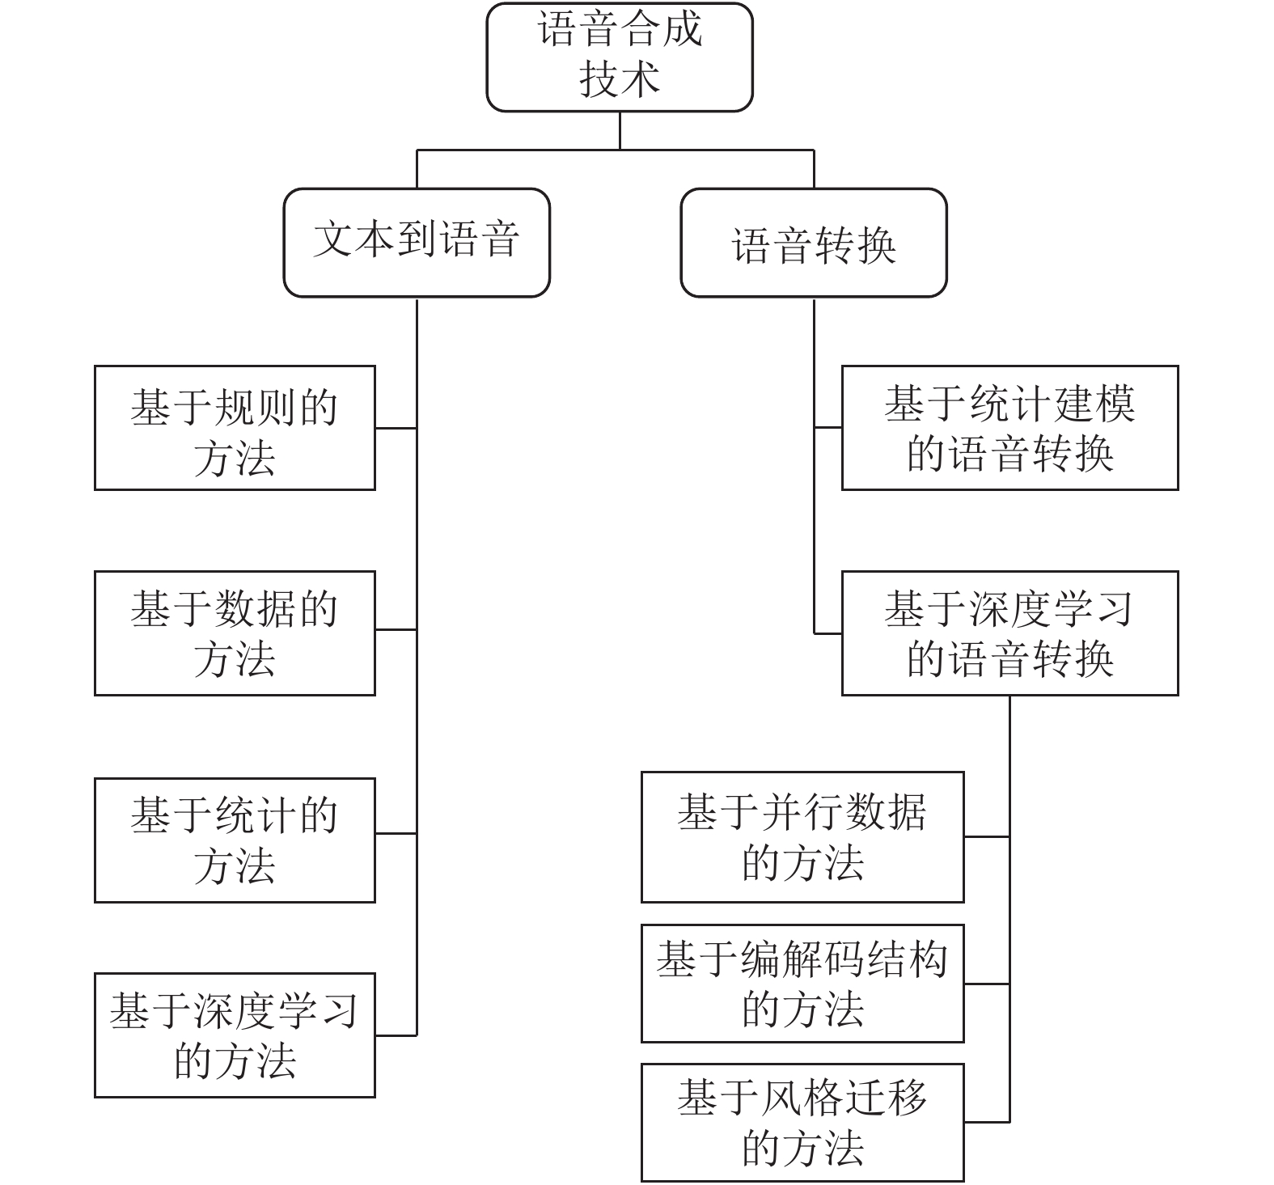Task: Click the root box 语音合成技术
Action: click(620, 57)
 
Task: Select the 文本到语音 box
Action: click(417, 243)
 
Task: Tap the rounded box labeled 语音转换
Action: click(814, 243)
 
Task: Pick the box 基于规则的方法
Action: click(235, 428)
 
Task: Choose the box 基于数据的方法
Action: click(235, 633)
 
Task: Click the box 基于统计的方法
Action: click(235, 840)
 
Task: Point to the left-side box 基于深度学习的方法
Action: click(235, 1035)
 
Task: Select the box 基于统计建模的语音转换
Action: click(1009, 428)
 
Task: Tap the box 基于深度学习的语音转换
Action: click(1009, 633)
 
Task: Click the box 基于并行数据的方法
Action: click(802, 837)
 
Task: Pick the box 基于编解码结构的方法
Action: click(802, 984)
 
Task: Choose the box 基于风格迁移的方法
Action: click(802, 1123)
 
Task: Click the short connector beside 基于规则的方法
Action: click(396, 428)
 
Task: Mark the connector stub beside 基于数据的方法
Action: click(396, 629)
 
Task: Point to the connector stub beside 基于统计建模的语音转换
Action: click(827, 428)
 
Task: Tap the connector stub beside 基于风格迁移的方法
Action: click(987, 1122)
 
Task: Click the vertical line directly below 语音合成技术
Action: click(620, 130)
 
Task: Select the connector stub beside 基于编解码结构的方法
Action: click(987, 984)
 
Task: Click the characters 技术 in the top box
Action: click(620, 80)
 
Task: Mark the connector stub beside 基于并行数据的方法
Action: click(987, 836)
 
